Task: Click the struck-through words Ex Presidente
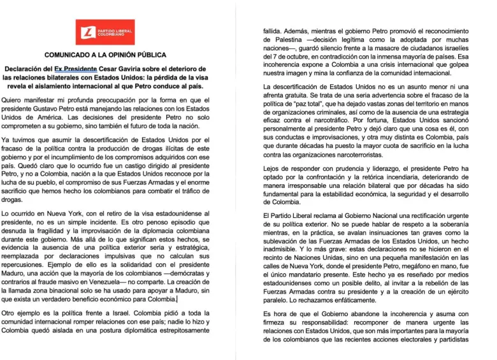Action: click(76, 69)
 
